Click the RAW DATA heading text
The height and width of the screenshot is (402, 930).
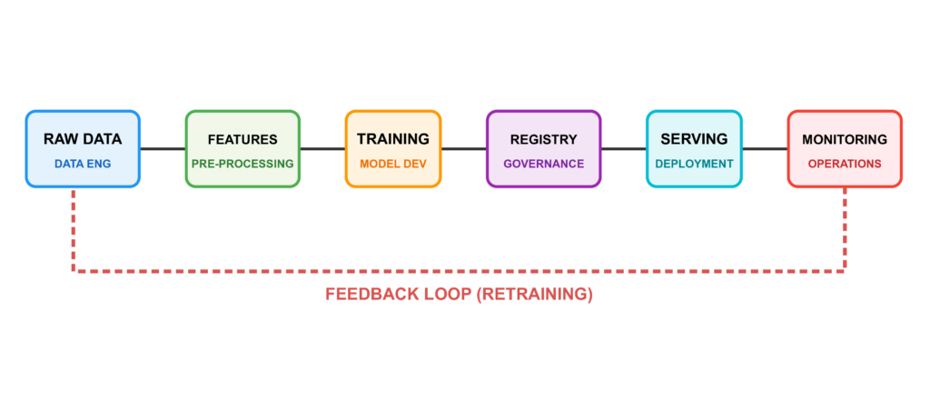coord(83,139)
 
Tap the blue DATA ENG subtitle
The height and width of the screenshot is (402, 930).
coord(83,164)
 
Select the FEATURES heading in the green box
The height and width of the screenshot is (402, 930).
coord(242,140)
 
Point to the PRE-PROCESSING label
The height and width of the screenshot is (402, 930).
coord(242,164)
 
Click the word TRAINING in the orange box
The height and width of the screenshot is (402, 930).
coord(392,139)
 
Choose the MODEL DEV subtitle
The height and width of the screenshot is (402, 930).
coord(392,164)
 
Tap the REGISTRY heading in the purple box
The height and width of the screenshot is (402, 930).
coord(543,140)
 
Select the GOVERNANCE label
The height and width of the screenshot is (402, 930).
coord(543,164)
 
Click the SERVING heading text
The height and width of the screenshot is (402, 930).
coord(694,139)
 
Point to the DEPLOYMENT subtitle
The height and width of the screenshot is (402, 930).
coord(694,164)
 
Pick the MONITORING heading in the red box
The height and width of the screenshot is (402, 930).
coord(845,140)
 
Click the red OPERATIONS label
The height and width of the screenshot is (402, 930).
coord(845,164)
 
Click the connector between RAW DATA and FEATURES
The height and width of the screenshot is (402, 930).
coord(163,149)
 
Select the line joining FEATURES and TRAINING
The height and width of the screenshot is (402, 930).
coord(322,149)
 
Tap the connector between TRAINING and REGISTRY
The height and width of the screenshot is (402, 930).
coord(463,149)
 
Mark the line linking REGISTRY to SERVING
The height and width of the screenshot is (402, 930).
coord(623,149)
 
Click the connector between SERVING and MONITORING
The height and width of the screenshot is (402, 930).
coord(765,149)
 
